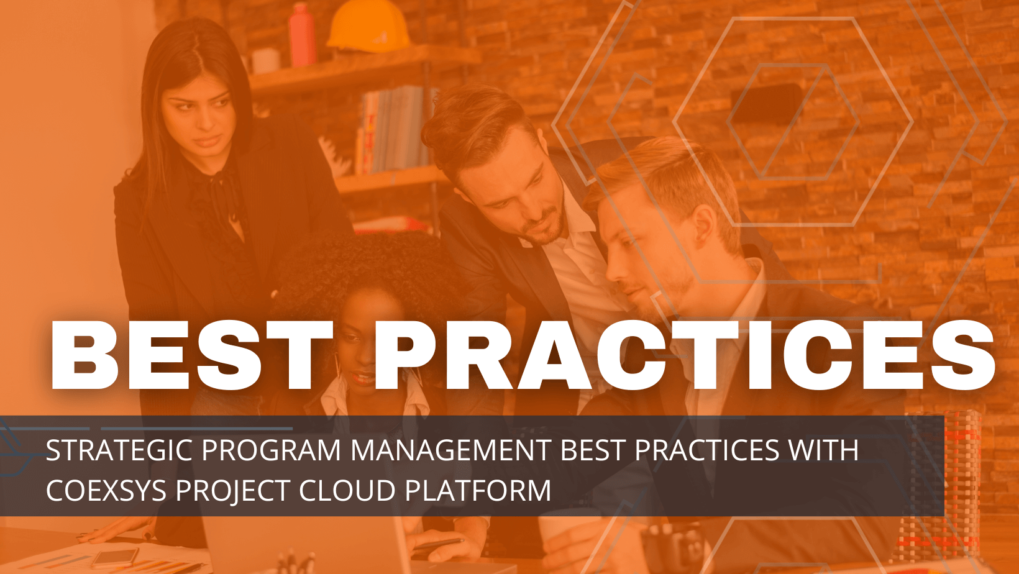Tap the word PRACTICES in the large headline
pos(683,355)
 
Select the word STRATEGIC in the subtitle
pos(119,450)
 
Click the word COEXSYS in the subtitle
pos(106,491)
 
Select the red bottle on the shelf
pos(301,35)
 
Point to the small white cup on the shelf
pos(266,60)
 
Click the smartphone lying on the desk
pos(114,558)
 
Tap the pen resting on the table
pos(437,544)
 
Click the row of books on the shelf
pos(395,130)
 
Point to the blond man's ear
pos(703,227)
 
